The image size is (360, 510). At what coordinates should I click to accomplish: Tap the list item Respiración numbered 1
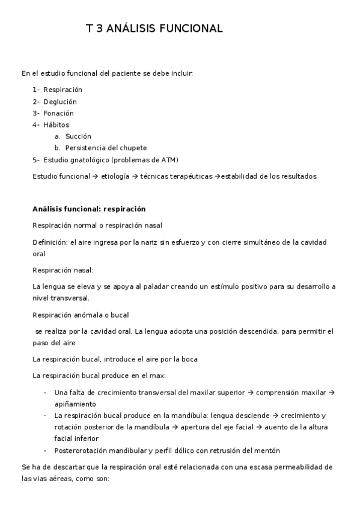point(63,90)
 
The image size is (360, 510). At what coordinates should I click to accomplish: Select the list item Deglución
point(60,102)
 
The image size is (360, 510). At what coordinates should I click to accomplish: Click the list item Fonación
point(58,113)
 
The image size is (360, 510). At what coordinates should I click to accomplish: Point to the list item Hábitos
point(56,124)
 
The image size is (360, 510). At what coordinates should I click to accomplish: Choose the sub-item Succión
point(78,137)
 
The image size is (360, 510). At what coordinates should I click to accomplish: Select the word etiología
point(114,176)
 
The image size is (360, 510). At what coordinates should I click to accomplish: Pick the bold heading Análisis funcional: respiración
point(89,209)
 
